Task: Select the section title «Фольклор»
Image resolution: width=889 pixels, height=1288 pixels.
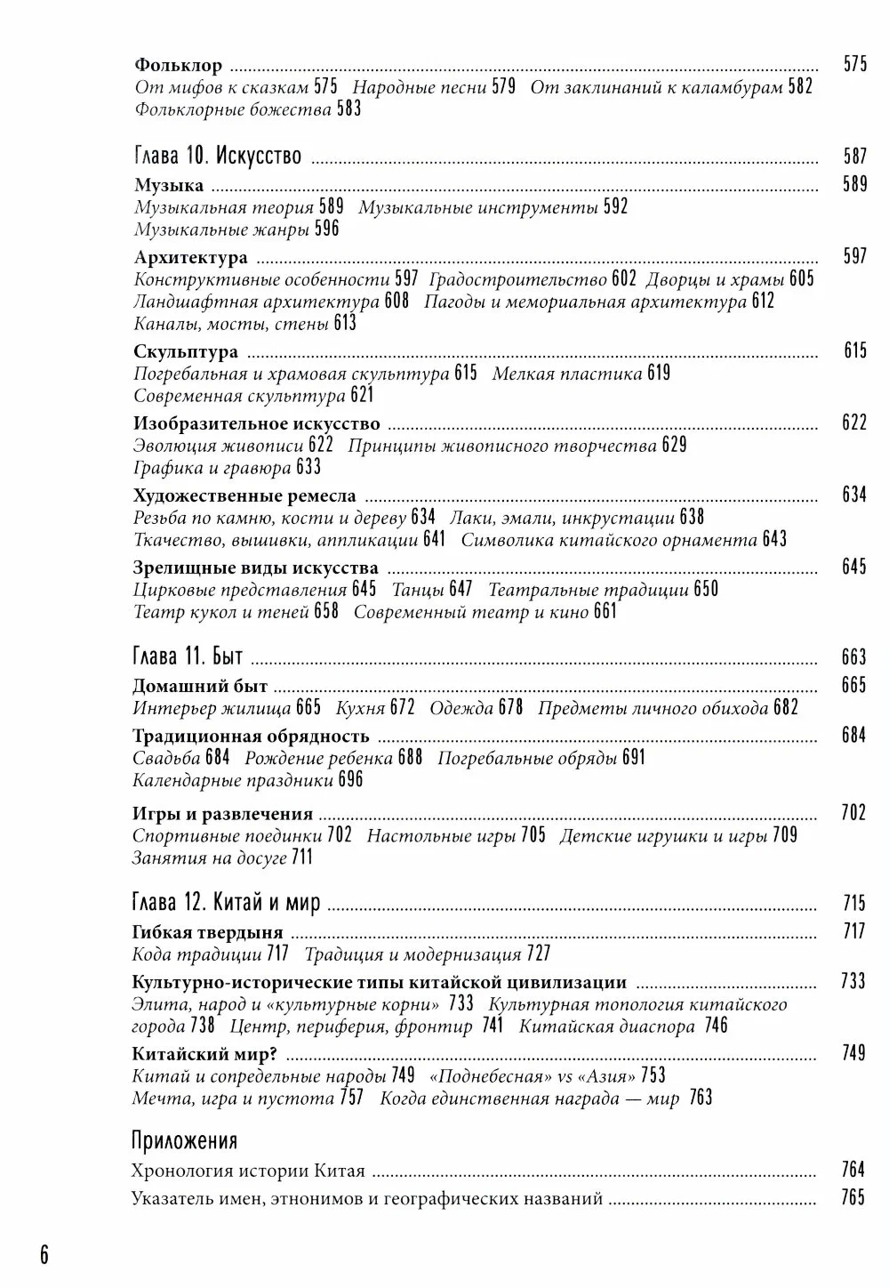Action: (178, 65)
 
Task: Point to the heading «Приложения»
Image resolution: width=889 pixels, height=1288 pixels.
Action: (184, 1141)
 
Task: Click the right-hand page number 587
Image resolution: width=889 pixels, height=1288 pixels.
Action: (854, 157)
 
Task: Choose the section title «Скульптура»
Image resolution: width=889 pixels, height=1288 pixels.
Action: (186, 351)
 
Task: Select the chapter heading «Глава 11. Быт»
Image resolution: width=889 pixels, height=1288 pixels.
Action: (188, 657)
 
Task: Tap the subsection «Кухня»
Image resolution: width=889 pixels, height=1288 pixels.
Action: (360, 708)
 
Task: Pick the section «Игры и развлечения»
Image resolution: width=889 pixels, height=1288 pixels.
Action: (222, 813)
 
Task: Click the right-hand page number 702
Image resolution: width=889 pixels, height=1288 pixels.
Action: (853, 813)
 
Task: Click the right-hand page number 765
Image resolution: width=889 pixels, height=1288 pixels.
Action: (853, 1198)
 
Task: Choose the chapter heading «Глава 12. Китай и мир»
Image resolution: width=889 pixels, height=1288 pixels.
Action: (226, 905)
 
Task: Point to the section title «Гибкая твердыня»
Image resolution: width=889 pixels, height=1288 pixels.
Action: (207, 932)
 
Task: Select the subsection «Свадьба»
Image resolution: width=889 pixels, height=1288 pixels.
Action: (167, 758)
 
